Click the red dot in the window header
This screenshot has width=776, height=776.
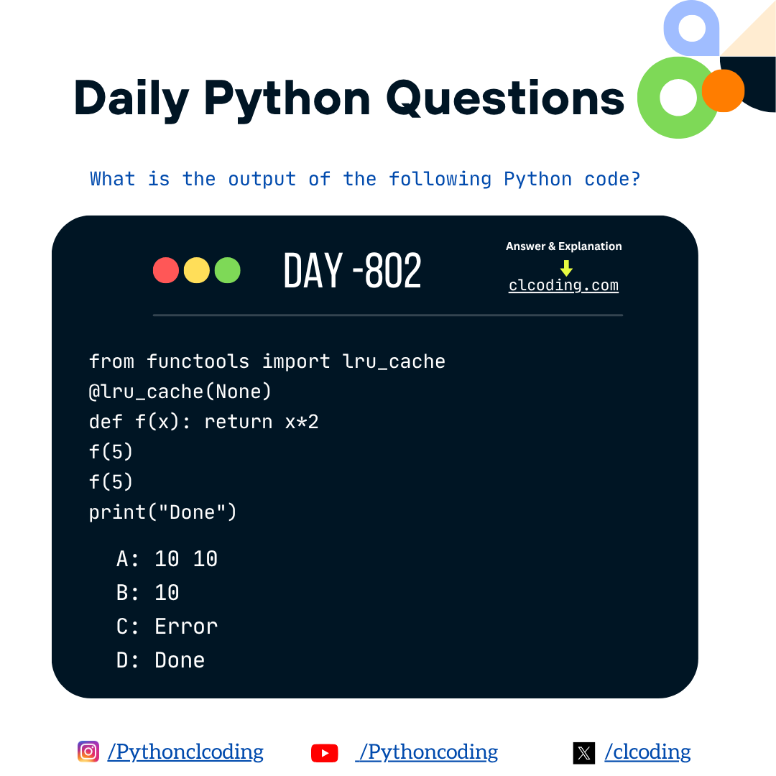point(166,270)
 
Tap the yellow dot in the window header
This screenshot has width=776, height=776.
point(197,270)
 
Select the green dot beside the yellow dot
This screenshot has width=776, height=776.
point(228,270)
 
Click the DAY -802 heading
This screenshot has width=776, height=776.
point(352,272)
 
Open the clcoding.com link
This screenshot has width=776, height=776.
point(563,285)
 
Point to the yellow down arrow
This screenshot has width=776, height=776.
point(566,268)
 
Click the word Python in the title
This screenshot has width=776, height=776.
point(287,98)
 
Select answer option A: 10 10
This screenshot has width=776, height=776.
point(167,558)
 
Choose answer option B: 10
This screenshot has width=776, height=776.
point(148,592)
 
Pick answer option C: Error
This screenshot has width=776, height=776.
point(167,626)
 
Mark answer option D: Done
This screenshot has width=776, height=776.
point(160,660)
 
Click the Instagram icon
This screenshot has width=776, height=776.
point(88,752)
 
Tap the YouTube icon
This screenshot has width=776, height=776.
point(325,753)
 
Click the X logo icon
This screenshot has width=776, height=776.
point(584,753)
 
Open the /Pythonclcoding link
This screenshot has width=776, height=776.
point(185,752)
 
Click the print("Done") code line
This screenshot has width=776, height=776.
point(162,512)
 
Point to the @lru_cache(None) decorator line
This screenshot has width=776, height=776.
point(180,392)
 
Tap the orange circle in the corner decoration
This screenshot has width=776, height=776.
point(723,91)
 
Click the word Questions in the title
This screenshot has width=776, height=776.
point(505,98)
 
